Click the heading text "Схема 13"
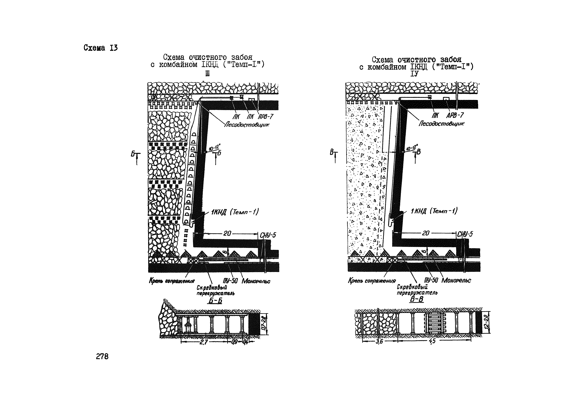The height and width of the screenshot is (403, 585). click(x=100, y=48)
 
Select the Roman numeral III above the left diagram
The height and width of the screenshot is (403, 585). click(x=207, y=74)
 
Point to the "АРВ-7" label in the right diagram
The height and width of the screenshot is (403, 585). click(x=455, y=115)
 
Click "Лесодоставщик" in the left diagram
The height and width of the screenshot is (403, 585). click(x=247, y=125)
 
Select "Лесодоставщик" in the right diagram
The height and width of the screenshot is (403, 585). click(x=441, y=124)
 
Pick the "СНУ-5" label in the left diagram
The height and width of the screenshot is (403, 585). click(x=268, y=235)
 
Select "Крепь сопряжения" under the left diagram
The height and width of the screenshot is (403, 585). click(x=172, y=281)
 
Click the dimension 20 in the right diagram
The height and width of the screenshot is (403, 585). click(x=426, y=233)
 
